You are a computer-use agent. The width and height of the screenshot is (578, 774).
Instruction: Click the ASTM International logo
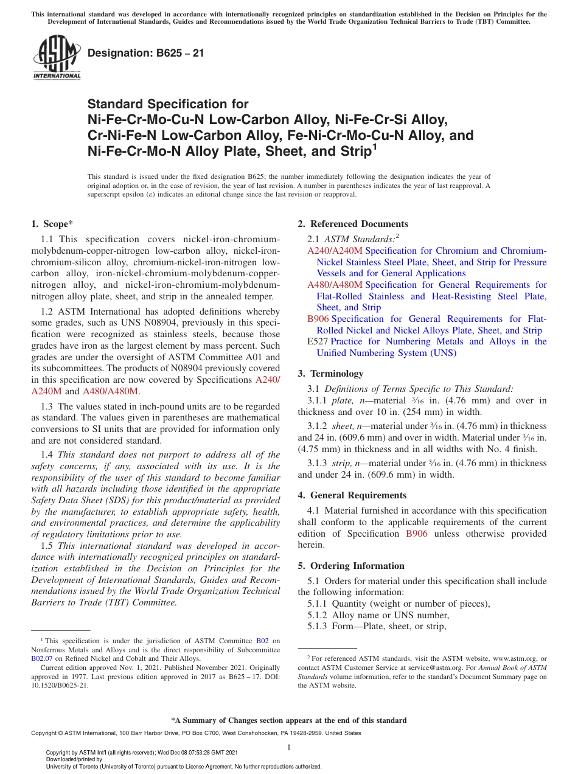click(57, 58)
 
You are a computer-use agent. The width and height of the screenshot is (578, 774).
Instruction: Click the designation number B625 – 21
click(145, 54)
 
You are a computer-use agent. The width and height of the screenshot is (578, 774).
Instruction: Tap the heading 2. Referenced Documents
click(353, 224)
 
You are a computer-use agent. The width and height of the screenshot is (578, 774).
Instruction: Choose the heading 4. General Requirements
click(352, 495)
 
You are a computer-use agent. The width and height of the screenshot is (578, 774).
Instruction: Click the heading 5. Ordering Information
click(351, 566)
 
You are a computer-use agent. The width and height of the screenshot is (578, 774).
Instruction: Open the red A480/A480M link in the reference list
click(335, 285)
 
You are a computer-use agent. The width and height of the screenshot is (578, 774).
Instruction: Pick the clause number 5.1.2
click(318, 615)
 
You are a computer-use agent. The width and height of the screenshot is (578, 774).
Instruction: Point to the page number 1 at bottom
click(289, 748)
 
